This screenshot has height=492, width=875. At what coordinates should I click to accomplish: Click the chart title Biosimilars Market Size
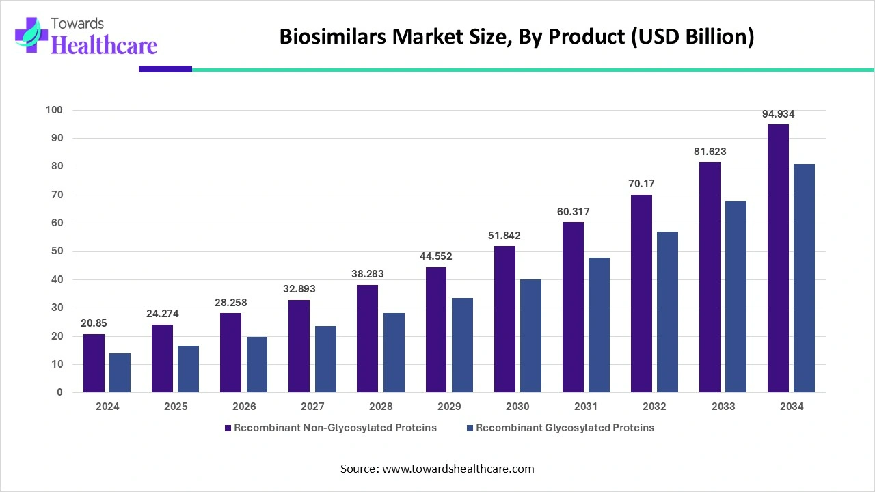[x=516, y=38]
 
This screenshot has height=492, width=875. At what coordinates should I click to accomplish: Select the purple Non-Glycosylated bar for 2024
[x=94, y=363]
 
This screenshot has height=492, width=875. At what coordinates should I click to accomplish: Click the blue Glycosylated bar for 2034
[x=804, y=278]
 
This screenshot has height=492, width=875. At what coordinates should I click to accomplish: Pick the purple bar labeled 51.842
[x=504, y=319]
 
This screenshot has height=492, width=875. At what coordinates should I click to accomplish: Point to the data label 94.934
[x=778, y=114]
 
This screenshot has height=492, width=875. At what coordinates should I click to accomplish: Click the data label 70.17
[x=641, y=184]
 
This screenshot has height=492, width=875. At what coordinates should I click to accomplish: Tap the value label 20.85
[x=94, y=323]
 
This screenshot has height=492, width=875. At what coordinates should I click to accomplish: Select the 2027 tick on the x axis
[x=312, y=407]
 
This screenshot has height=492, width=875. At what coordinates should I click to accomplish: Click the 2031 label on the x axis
[x=586, y=407]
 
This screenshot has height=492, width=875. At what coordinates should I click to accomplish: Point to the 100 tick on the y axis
[x=54, y=110]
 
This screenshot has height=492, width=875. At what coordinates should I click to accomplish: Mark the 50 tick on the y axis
[x=57, y=251]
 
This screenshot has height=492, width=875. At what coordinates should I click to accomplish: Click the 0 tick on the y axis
[x=59, y=393]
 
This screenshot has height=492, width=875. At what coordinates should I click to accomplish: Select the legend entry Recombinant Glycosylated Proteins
[x=565, y=428]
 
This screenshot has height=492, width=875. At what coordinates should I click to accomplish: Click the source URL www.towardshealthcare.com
[x=458, y=469]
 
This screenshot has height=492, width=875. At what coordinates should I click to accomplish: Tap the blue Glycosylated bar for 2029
[x=462, y=345]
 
